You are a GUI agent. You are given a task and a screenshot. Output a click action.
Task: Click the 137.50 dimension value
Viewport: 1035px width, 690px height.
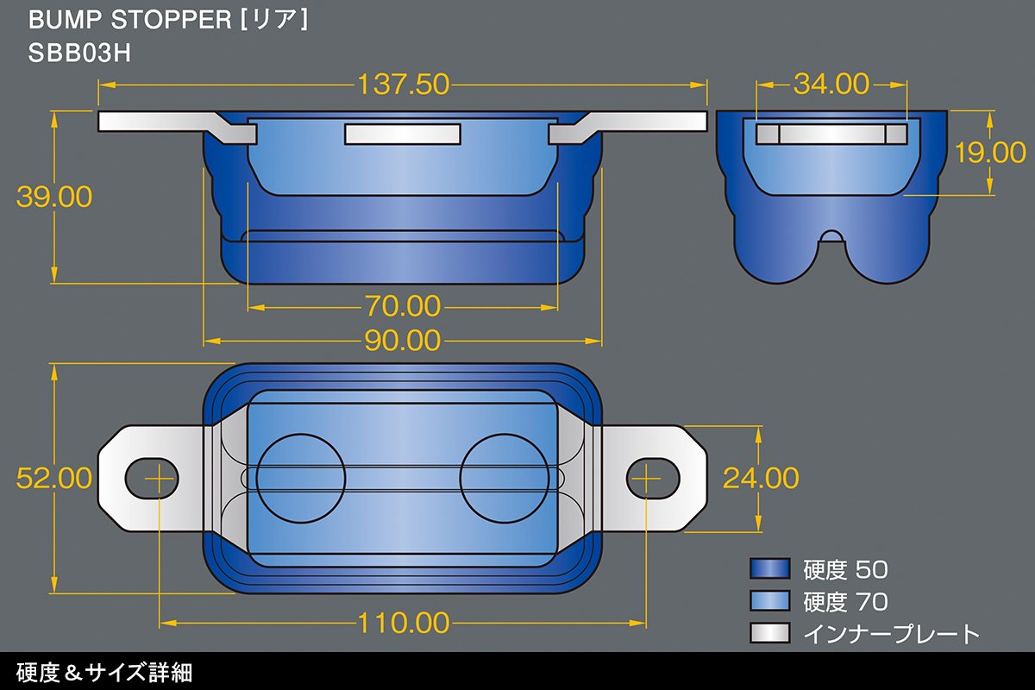(404, 85)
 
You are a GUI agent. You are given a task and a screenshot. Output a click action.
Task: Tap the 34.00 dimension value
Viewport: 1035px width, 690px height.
(831, 85)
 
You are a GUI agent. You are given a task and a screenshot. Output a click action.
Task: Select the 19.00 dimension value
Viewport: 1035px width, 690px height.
(990, 153)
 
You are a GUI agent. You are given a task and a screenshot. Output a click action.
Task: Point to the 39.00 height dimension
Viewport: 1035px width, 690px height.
(54, 197)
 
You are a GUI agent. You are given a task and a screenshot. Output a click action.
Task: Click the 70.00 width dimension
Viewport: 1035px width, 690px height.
(403, 306)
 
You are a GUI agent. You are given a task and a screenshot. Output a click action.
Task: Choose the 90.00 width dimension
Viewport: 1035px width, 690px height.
(403, 341)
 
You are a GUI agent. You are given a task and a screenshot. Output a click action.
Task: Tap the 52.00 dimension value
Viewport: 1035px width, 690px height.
(54, 478)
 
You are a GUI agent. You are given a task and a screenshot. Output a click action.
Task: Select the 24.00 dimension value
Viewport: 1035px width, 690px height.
(761, 478)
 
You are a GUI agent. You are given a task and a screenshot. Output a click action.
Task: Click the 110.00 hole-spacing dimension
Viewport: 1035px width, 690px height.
(404, 623)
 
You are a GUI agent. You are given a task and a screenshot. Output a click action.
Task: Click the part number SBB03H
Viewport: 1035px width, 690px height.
(79, 53)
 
